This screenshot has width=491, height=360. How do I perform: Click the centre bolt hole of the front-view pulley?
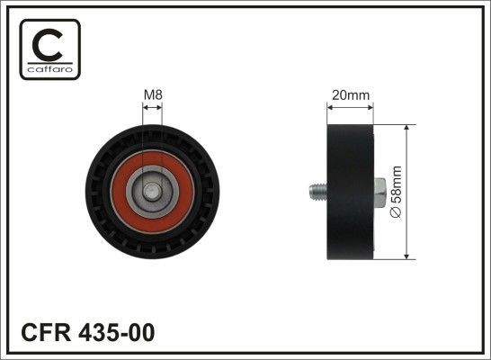click(153, 190)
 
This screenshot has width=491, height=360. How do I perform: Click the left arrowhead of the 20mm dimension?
click(327, 105)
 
